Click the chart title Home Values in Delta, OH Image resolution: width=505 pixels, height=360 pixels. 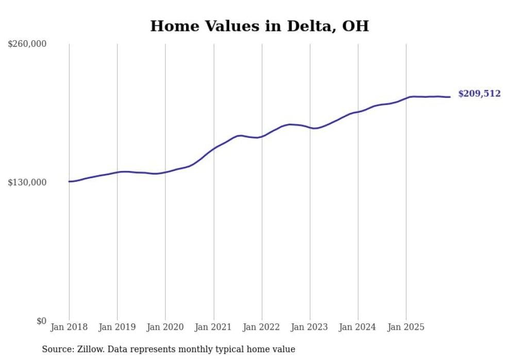pyautogui.click(x=259, y=26)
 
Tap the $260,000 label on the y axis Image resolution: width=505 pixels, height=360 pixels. pyautogui.click(x=27, y=44)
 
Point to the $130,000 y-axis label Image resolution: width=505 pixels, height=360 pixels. pyautogui.click(x=27, y=182)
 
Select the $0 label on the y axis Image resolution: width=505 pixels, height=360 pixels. pyautogui.click(x=41, y=321)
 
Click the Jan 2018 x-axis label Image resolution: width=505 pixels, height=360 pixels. pyautogui.click(x=69, y=327)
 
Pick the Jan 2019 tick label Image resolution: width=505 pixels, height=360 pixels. pyautogui.click(x=117, y=327)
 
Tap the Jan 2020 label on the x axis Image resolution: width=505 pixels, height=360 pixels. pyautogui.click(x=165, y=327)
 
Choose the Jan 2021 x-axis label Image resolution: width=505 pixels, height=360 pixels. pyautogui.click(x=213, y=327)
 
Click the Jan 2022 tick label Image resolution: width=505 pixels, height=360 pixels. pyautogui.click(x=262, y=327)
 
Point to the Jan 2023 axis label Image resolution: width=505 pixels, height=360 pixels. pyautogui.click(x=310, y=327)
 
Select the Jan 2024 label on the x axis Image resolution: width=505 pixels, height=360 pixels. pyautogui.click(x=358, y=327)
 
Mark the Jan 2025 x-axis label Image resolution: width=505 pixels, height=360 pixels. pyautogui.click(x=406, y=327)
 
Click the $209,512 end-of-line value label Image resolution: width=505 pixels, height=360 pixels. pyautogui.click(x=479, y=94)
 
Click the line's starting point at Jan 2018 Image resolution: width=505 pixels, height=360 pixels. pyautogui.click(x=69, y=181)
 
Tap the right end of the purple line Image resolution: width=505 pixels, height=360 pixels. pyautogui.click(x=450, y=97)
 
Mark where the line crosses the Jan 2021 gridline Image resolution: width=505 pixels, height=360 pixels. pyautogui.click(x=213, y=148)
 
